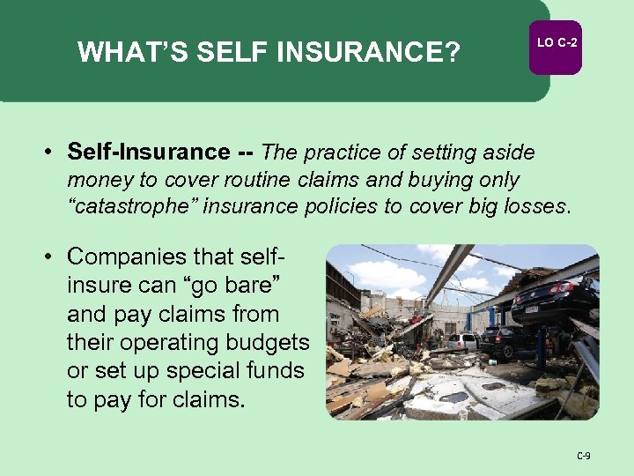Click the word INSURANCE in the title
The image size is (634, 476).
tap(368, 53)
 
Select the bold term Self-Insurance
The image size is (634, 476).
tap(147, 152)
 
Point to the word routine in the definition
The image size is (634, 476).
tap(260, 180)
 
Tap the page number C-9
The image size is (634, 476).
tap(583, 456)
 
